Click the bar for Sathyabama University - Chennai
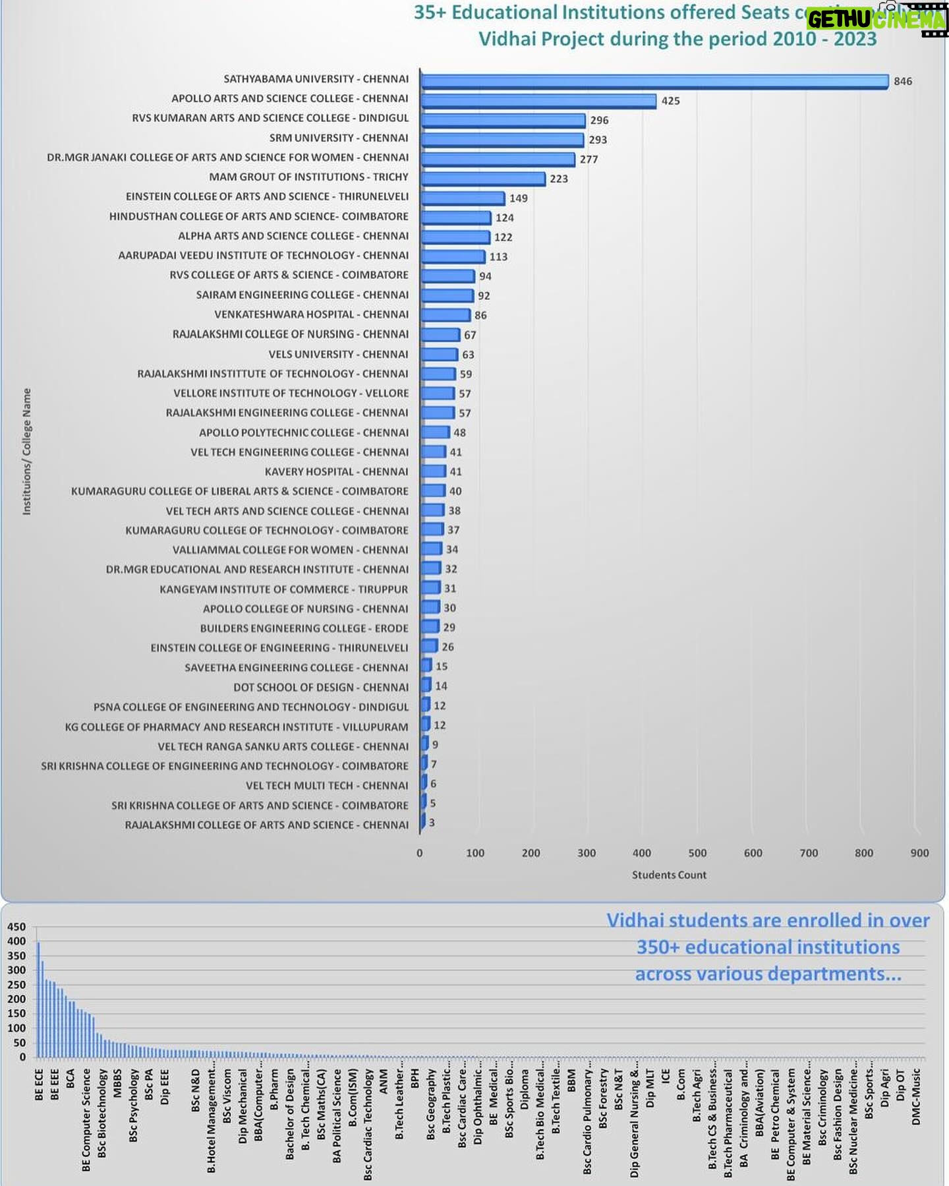click(654, 81)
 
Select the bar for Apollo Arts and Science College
click(538, 101)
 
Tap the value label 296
click(599, 120)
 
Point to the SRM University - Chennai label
click(339, 138)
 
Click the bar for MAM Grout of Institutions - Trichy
click(483, 179)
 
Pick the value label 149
click(518, 198)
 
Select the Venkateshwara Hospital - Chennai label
click(311, 314)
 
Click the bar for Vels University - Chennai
click(439, 355)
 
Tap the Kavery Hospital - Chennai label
click(336, 471)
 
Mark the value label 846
click(902, 81)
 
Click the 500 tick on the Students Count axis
click(697, 852)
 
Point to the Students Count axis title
click(669, 875)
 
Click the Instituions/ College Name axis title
click(27, 451)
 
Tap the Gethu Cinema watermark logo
click(877, 20)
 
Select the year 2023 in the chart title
click(855, 39)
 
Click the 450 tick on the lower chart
click(16, 927)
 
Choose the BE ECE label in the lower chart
click(39, 1085)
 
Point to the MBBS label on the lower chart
click(117, 1083)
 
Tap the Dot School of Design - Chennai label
click(321, 687)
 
